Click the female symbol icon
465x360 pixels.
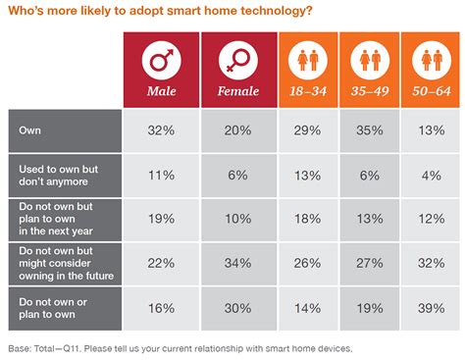coord(238,62)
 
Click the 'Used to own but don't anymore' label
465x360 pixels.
coord(59,175)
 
